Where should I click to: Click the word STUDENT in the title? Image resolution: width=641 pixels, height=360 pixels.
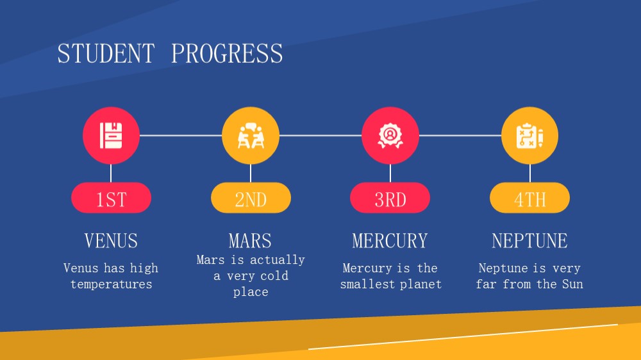tap(106, 54)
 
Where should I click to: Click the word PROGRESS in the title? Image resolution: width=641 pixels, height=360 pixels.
tap(227, 54)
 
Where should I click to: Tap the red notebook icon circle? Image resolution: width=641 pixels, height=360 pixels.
tap(111, 135)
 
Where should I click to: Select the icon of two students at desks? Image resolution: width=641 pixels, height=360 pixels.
tap(251, 135)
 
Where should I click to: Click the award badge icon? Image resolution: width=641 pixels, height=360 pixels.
tap(390, 135)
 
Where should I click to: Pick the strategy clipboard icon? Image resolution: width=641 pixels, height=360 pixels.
tap(530, 135)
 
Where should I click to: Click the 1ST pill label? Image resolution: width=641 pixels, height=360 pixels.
tap(111, 198)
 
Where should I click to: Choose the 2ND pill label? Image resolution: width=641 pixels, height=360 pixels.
tap(251, 198)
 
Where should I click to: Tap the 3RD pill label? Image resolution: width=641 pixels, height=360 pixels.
tap(390, 198)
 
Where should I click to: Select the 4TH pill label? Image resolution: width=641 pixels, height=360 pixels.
tap(530, 198)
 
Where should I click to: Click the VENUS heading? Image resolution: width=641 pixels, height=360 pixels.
tap(111, 241)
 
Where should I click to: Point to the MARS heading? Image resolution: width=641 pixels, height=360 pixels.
tap(250, 241)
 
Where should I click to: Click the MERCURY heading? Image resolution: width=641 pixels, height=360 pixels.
tap(390, 241)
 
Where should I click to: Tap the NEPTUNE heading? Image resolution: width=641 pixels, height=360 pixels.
tap(530, 241)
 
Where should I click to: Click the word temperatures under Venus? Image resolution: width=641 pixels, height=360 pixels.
tap(111, 284)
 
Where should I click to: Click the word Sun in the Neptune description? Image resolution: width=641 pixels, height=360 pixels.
tap(572, 284)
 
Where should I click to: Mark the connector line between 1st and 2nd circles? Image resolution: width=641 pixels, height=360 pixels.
tap(181, 135)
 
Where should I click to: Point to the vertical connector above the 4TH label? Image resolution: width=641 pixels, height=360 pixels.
tap(530, 173)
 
